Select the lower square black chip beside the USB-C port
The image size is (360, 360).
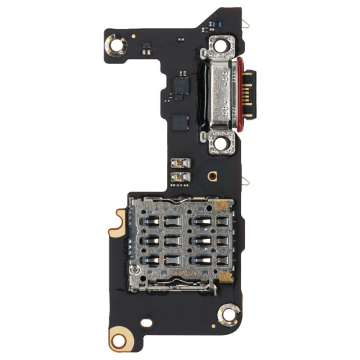[181, 122]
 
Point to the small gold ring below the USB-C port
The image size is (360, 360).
[212, 175]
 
